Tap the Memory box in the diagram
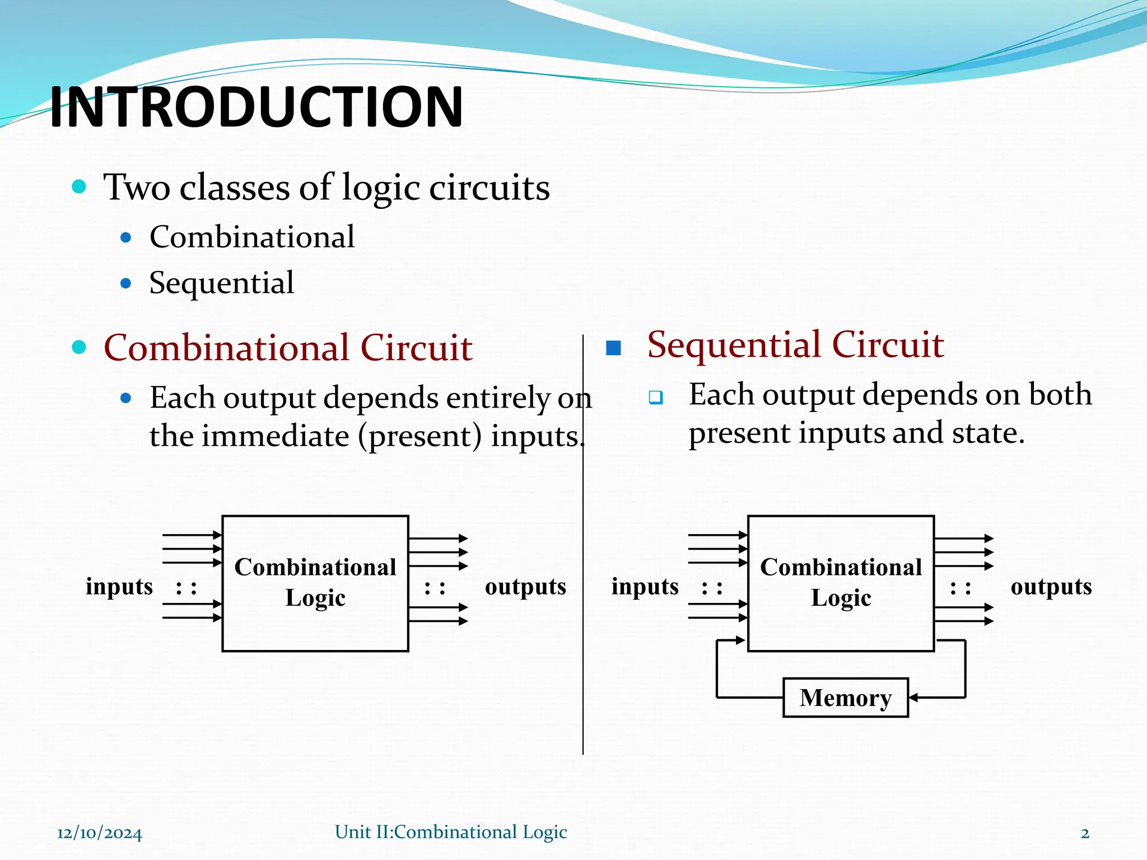[845, 698]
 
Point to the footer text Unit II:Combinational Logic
[451, 832]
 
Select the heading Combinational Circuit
[288, 348]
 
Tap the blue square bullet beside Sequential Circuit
[614, 348]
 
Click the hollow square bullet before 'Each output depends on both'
[655, 398]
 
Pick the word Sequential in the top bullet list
[221, 283]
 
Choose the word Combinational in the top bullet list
[252, 237]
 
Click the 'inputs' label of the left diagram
[119, 587]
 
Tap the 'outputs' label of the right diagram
[1051, 587]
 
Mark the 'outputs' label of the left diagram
[525, 587]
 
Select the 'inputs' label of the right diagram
[645, 587]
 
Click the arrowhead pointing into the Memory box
[913, 698]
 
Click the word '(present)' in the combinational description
[420, 436]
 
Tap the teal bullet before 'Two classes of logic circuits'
[79, 186]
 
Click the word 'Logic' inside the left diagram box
[315, 598]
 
